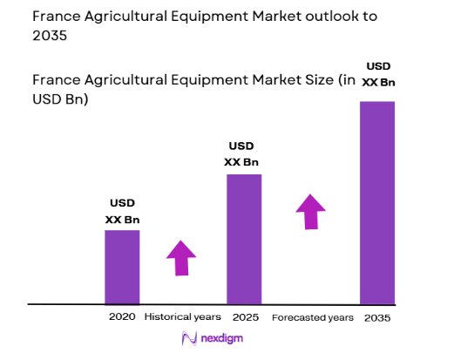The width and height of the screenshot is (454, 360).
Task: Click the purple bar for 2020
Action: coord(122,267)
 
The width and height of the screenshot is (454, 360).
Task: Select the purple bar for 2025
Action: coord(244,239)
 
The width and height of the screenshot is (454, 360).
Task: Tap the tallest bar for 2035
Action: coord(377,202)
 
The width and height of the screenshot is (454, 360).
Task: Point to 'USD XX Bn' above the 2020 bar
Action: coord(122,211)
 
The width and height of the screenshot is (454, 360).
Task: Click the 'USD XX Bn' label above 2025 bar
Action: coord(243,153)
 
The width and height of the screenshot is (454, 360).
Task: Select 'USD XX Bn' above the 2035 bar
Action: coord(378,74)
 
